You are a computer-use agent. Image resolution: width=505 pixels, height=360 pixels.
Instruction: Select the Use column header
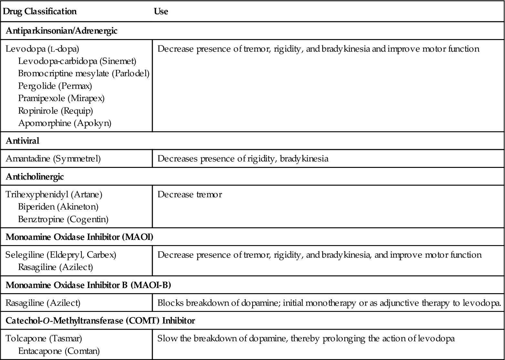pyautogui.click(x=161, y=12)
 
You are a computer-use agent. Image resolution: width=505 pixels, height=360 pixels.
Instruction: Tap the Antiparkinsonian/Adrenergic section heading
pyautogui.click(x=61, y=31)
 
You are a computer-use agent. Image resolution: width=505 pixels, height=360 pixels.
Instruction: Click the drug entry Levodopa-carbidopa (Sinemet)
pyautogui.click(x=77, y=61)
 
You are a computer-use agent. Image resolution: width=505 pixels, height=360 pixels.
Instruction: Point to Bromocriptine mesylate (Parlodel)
pyautogui.click(x=84, y=73)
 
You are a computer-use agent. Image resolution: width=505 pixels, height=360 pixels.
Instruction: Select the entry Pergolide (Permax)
pyautogui.click(x=55, y=86)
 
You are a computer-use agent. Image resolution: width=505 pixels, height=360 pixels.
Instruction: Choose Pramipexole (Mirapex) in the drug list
pyautogui.click(x=61, y=98)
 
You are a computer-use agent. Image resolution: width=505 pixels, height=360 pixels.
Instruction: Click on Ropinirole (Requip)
pyautogui.click(x=56, y=111)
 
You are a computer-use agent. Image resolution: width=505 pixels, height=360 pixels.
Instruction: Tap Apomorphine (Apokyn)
pyautogui.click(x=65, y=123)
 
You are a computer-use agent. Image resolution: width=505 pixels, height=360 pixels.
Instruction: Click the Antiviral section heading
pyautogui.click(x=23, y=141)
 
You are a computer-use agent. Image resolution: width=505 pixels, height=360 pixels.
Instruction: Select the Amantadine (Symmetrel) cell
pyautogui.click(x=53, y=159)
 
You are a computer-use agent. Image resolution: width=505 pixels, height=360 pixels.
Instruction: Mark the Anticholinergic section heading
pyautogui.click(x=35, y=177)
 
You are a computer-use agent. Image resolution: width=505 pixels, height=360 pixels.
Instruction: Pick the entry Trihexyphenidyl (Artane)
pyautogui.click(x=54, y=194)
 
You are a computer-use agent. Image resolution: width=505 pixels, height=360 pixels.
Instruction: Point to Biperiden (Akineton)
pyautogui.click(x=58, y=207)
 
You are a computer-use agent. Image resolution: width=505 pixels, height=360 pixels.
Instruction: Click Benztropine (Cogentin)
pyautogui.click(x=63, y=219)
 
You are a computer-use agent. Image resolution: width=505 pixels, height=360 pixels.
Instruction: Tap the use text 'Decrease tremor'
pyautogui.click(x=190, y=194)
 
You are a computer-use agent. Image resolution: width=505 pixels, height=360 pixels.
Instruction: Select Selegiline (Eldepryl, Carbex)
pyautogui.click(x=61, y=255)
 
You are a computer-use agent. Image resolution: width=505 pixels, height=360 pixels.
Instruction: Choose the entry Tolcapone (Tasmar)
pyautogui.click(x=44, y=338)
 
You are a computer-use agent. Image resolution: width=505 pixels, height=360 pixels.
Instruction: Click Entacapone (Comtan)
pyautogui.click(x=59, y=351)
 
